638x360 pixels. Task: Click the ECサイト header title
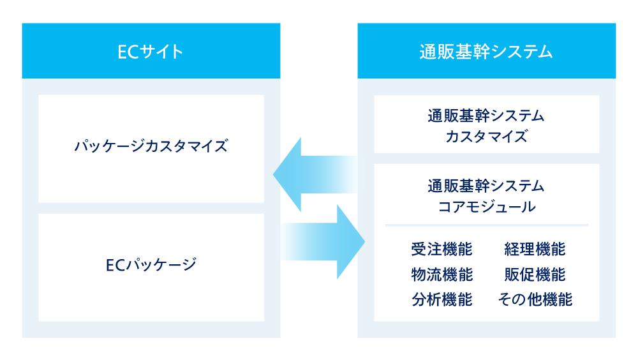click(151, 52)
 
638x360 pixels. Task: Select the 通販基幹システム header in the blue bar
click(486, 52)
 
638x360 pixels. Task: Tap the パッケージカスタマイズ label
click(151, 146)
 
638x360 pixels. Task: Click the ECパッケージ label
click(151, 264)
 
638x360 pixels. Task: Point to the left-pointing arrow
click(313, 174)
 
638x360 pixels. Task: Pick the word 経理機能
click(535, 249)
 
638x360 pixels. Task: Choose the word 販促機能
click(535, 274)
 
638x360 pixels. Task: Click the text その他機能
click(535, 299)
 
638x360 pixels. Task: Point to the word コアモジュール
click(486, 207)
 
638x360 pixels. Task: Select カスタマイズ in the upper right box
click(486, 137)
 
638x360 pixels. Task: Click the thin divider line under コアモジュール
click(486, 225)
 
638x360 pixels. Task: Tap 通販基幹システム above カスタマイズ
click(486, 116)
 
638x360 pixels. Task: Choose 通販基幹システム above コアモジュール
click(486, 186)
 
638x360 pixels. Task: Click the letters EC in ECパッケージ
click(115, 264)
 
